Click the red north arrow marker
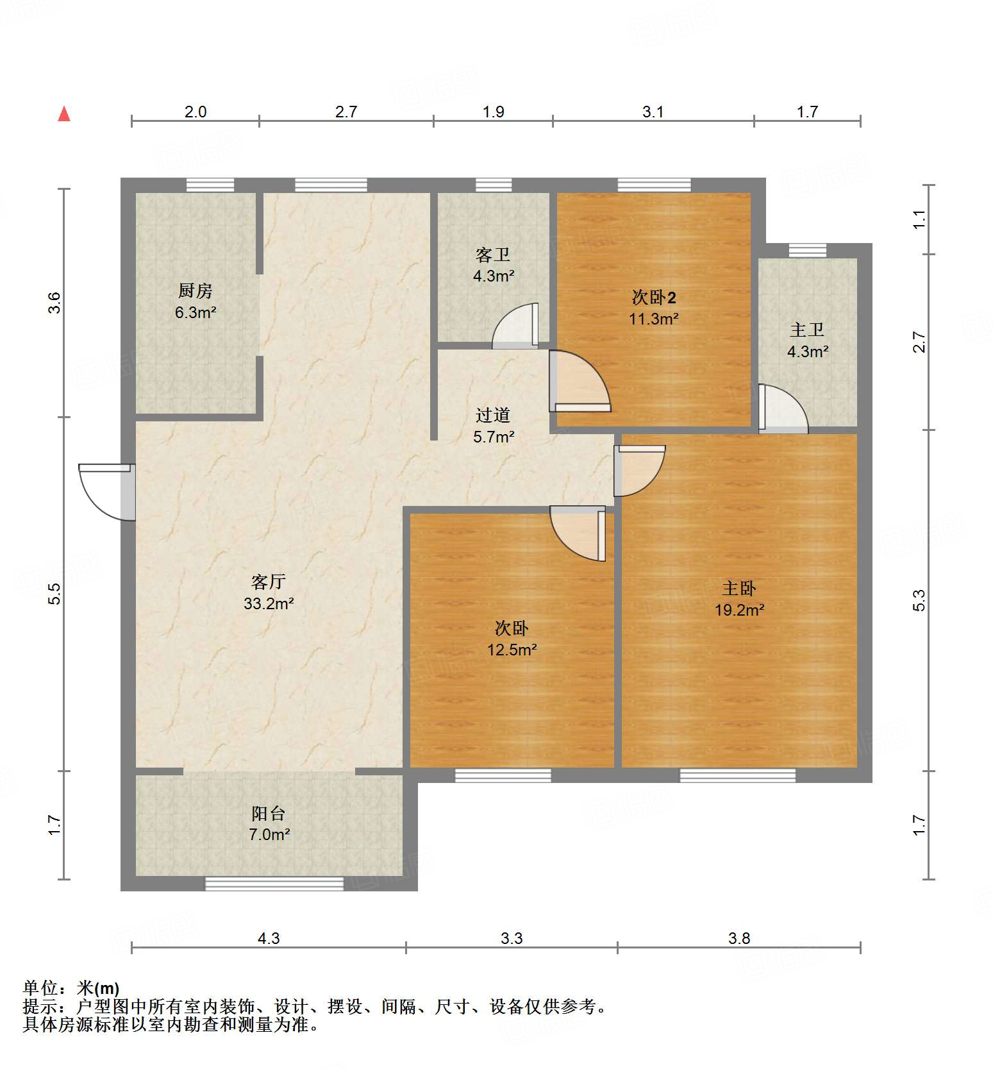tap(64, 114)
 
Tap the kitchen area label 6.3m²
tap(196, 313)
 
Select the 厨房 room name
tap(196, 291)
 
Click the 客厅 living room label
tap(268, 582)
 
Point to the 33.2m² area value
tap(268, 603)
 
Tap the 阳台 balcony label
tap(268, 813)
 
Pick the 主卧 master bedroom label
tap(739, 588)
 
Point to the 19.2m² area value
tap(739, 610)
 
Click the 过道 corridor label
tap(493, 415)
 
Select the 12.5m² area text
tap(512, 650)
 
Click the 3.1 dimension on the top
tap(653, 112)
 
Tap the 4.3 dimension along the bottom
tap(269, 938)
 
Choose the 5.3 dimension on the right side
tap(919, 600)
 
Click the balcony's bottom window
tap(274, 884)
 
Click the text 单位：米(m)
tap(71, 988)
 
